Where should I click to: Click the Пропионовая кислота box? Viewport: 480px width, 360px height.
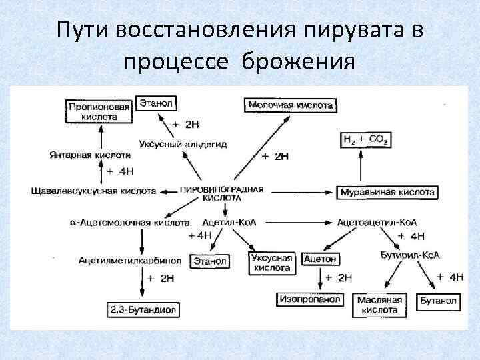tap(100, 111)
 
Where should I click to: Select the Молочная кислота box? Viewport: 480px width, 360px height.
tap(291, 105)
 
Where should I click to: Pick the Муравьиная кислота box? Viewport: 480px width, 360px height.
tap(387, 192)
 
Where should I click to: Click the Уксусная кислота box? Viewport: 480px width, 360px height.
tap(271, 262)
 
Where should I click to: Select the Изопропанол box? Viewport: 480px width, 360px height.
tap(309, 300)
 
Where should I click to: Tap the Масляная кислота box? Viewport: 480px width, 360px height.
tap(381, 305)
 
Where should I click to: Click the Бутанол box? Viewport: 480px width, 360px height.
tap(438, 301)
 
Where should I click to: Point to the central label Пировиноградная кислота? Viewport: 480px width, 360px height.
tap(227, 193)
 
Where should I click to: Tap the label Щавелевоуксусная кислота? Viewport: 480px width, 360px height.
tap(93, 191)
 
